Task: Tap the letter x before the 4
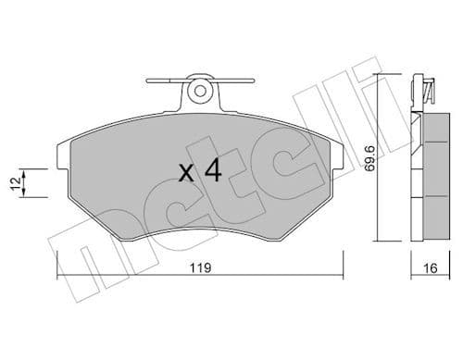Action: pyautogui.click(x=185, y=173)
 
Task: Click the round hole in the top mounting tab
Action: pyautogui.click(x=197, y=91)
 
